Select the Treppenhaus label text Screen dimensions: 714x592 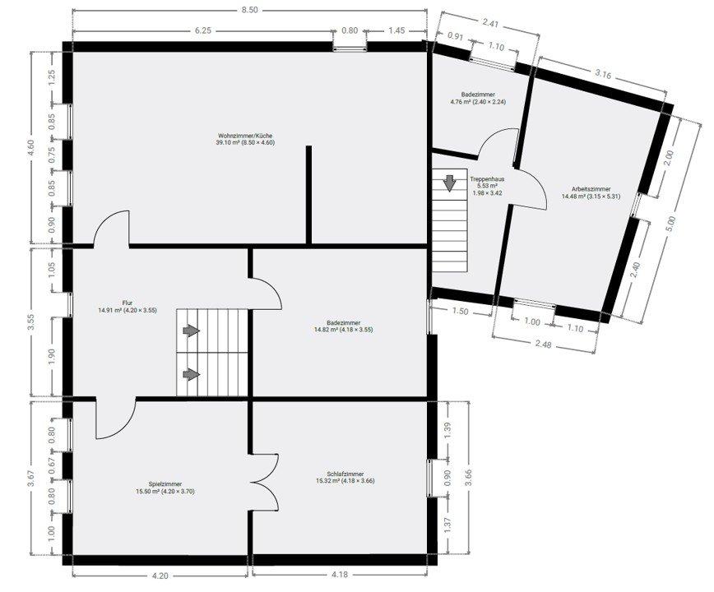pos(487,178)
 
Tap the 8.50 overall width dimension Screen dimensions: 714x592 pos(249,10)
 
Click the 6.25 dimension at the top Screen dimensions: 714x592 pos(203,30)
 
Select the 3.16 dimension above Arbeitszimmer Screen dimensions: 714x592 pos(603,74)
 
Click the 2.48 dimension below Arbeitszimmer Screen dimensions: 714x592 pos(543,344)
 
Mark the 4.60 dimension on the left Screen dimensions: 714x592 pos(30,147)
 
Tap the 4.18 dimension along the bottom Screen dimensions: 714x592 pos(339,575)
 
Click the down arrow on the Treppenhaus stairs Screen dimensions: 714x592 pos(449,183)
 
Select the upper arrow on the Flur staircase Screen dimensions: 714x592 pos(191,331)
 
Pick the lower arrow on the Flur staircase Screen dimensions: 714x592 pos(191,374)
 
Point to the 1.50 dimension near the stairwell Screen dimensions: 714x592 pos(461,312)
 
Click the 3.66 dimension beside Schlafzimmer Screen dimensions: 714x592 pos(469,478)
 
